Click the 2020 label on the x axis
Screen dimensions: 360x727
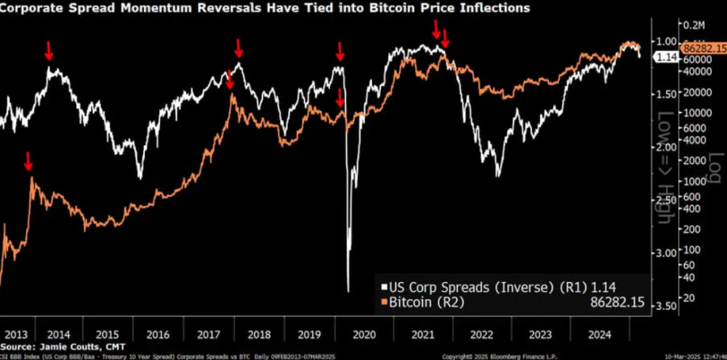(363, 336)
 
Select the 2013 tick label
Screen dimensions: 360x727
(16, 336)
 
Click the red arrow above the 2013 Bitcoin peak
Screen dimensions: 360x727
(28, 161)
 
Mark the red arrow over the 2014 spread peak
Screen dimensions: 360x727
(49, 50)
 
